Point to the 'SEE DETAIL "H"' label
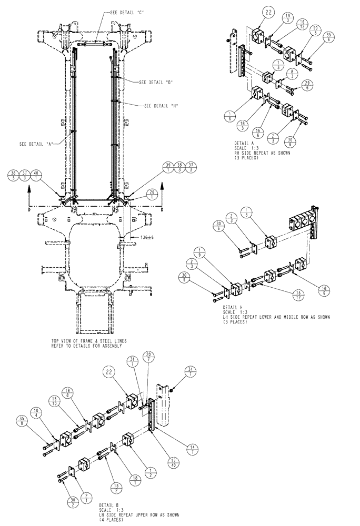coord(161,106)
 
